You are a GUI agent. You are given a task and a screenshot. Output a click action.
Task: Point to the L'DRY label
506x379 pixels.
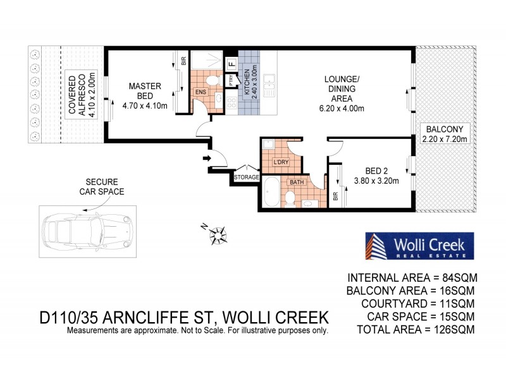pos(280,162)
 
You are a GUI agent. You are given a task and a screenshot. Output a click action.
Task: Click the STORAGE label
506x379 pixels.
pos(247,177)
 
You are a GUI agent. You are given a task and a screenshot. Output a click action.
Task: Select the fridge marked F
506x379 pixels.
pos(231,63)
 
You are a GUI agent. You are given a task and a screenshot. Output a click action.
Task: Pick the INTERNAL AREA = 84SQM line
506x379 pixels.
pos(412,277)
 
